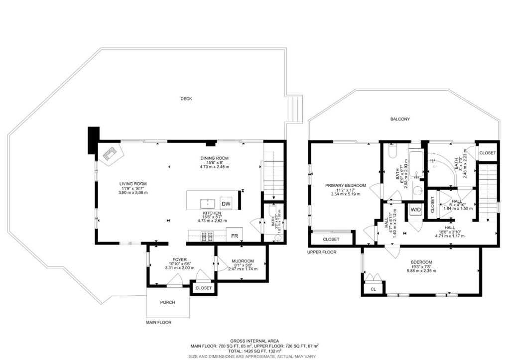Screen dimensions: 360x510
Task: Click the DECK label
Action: click(x=186, y=99)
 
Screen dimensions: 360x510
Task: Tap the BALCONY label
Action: click(x=400, y=119)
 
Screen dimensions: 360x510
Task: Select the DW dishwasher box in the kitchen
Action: click(x=226, y=204)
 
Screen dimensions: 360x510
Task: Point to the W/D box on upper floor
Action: click(x=415, y=210)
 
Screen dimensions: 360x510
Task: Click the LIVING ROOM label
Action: click(x=132, y=184)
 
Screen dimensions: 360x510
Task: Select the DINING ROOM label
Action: click(x=214, y=158)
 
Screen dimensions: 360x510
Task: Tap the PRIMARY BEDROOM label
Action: click(x=345, y=186)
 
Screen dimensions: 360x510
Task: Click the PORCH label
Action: click(x=167, y=302)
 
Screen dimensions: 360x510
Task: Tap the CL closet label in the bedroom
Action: click(x=373, y=288)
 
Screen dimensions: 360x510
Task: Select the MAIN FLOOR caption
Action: click(x=158, y=322)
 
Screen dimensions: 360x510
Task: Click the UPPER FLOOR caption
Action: click(x=322, y=252)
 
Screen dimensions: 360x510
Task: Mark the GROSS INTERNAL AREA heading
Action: click(x=254, y=340)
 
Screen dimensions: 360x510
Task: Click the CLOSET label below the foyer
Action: click(x=203, y=288)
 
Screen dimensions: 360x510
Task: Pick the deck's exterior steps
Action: click(x=296, y=109)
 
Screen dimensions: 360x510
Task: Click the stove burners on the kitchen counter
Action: click(x=206, y=236)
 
